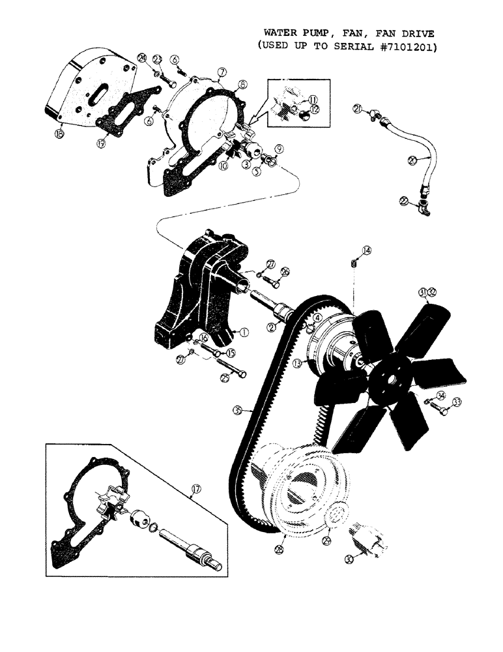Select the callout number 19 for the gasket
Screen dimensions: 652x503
(100, 143)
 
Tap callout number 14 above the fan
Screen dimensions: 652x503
(367, 250)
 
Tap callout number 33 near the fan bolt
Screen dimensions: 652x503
(456, 402)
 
